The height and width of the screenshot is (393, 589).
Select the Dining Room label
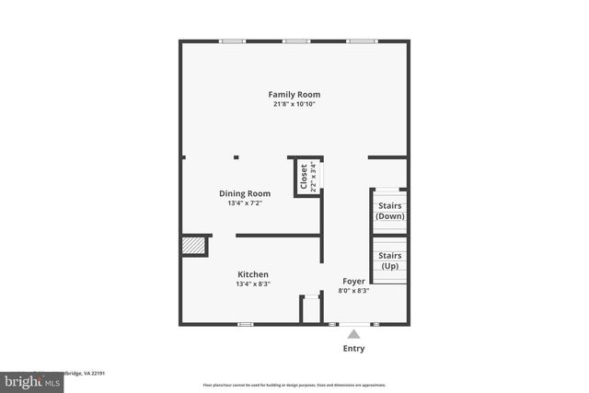click(245, 193)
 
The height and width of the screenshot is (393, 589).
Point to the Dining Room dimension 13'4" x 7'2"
click(245, 203)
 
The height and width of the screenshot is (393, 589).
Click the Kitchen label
click(253, 274)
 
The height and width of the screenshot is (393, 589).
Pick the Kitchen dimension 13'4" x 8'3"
click(253, 284)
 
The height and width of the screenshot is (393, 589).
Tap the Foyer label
click(353, 281)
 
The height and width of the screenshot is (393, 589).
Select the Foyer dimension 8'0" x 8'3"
click(353, 291)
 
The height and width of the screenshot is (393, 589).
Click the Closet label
click(304, 175)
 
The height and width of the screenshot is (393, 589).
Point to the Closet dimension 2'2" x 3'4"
click(313, 175)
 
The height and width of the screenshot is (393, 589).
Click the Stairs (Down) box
click(389, 211)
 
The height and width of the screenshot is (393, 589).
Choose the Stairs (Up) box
click(389, 260)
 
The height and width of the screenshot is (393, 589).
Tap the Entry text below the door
click(353, 349)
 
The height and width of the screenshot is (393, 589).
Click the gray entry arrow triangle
click(353, 335)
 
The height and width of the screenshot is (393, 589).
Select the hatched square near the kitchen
click(192, 247)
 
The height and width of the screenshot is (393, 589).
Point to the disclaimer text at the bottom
click(294, 385)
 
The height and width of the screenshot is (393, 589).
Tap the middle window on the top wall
click(295, 40)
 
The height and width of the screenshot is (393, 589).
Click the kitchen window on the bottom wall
click(246, 324)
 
